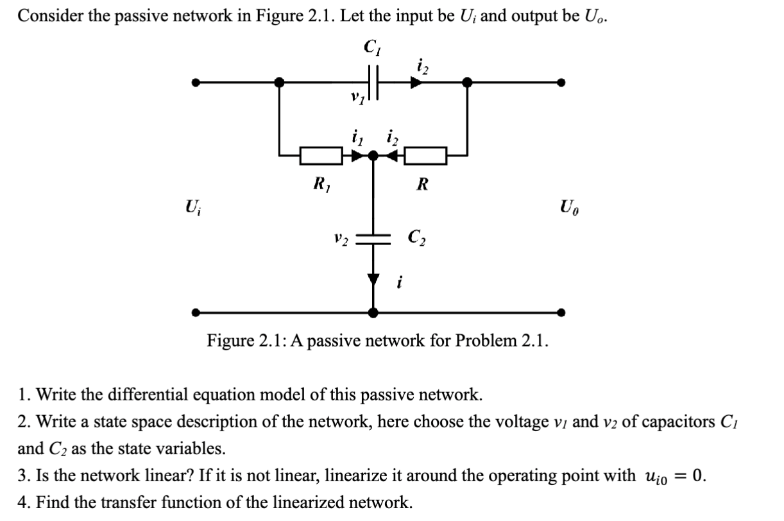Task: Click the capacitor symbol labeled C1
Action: point(375,82)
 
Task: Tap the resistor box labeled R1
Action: point(321,155)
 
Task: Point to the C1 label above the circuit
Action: point(371,47)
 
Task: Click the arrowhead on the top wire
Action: point(418,82)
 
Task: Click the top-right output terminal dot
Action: point(561,82)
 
